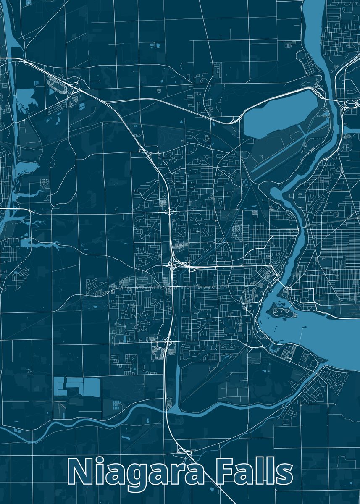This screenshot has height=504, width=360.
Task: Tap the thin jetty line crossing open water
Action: pos(301,340)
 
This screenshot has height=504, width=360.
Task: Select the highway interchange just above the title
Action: pos(185,452)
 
